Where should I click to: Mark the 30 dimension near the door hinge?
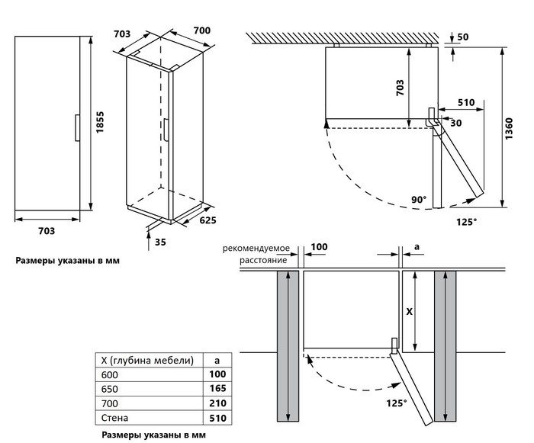(455, 123)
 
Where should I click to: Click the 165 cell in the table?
(217, 389)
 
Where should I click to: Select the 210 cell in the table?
(217, 403)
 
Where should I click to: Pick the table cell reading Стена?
(114, 418)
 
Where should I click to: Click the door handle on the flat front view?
(76, 127)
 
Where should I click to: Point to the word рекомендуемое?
(256, 249)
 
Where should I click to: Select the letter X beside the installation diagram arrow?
(408, 312)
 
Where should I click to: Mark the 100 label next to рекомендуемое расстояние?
(319, 247)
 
